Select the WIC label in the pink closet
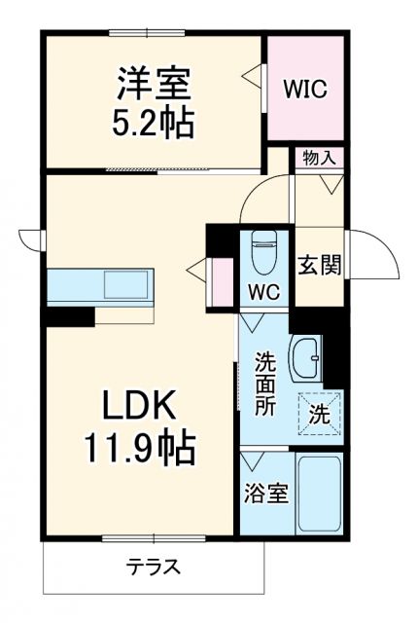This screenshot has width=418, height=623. (305, 89)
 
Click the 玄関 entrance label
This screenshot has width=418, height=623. (318, 264)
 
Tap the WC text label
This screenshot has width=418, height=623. (264, 292)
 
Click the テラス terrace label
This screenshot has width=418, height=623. (153, 567)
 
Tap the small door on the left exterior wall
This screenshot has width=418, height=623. (29, 238)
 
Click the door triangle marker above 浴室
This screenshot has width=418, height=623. (256, 458)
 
